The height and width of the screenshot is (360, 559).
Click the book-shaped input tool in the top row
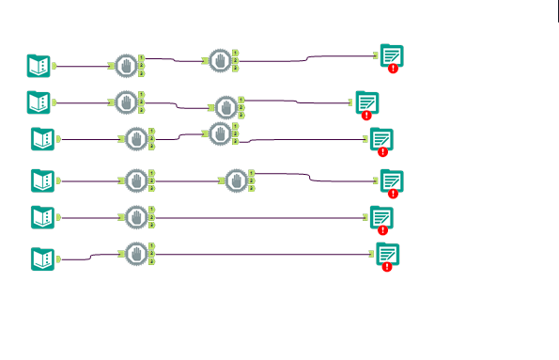tap(39, 65)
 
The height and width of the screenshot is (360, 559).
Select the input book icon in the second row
tap(39, 101)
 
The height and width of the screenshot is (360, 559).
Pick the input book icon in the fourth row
tap(42, 179)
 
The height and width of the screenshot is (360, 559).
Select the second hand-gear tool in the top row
tap(220, 61)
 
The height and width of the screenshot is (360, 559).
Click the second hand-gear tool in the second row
tap(226, 106)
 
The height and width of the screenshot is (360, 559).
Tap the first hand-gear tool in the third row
tap(137, 139)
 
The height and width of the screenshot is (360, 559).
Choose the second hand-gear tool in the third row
tap(220, 133)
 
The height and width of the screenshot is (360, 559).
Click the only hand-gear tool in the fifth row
tap(137, 217)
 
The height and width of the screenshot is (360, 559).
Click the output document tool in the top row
tap(392, 55)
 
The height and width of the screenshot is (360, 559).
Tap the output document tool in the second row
tap(366, 102)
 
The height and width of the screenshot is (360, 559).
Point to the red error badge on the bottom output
tap(387, 266)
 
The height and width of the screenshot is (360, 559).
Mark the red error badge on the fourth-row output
tap(394, 192)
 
